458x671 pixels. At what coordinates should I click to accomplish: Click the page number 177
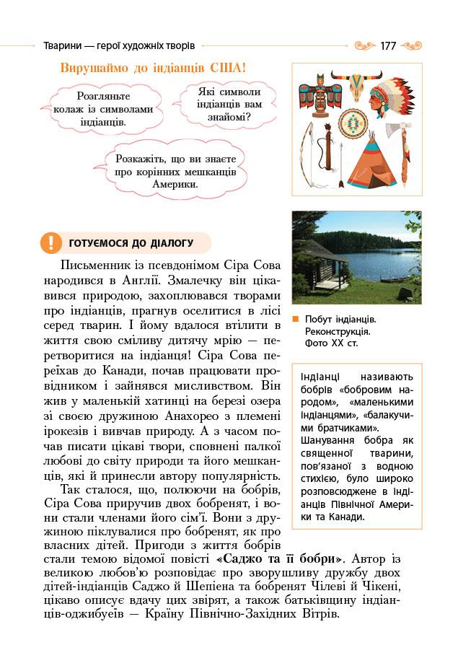pos(388,45)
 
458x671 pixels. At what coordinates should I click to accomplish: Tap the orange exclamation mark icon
pos(50,242)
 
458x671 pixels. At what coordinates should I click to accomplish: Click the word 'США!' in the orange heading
pos(227,69)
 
